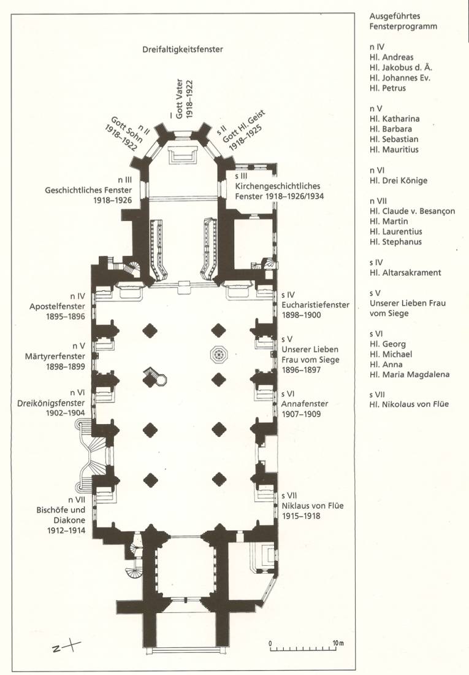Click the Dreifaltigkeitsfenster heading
point(183,50)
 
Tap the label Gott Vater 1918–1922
point(184,99)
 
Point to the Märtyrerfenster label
point(55,357)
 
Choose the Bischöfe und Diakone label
point(61,515)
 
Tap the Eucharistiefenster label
point(315,305)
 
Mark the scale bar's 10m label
point(338,643)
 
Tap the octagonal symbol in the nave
point(219,355)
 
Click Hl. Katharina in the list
point(395,119)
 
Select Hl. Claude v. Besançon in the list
point(412,211)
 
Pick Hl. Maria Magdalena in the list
point(409,374)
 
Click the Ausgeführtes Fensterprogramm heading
point(403,21)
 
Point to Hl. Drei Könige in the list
point(398,181)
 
